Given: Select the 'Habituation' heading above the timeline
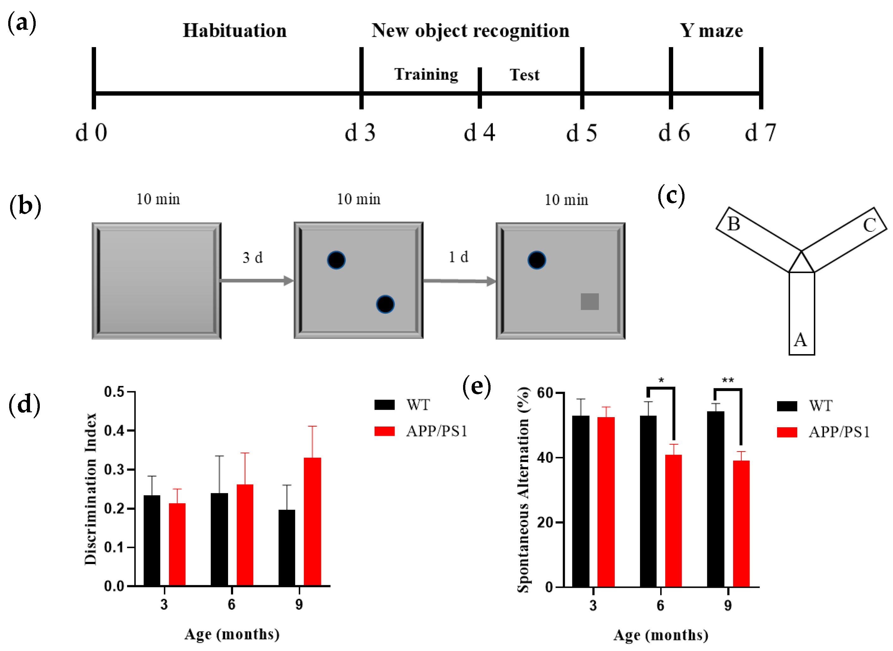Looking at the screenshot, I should click(x=235, y=31).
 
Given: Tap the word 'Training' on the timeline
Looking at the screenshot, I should click(x=426, y=75).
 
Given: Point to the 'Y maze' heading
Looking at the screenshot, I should click(x=711, y=31).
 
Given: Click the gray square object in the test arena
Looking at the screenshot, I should click(x=589, y=301).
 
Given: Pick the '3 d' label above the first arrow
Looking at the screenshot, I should click(x=252, y=257).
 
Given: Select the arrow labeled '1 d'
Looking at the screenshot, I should click(x=459, y=281).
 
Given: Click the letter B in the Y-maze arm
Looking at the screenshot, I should click(x=733, y=224).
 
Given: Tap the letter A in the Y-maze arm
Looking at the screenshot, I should click(x=800, y=340).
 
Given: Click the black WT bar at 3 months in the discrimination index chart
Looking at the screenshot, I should click(x=152, y=540).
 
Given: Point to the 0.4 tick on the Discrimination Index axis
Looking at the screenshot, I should click(x=114, y=430).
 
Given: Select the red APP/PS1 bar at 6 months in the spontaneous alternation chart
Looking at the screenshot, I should click(x=673, y=520).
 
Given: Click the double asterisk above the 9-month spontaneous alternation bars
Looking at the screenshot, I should click(x=727, y=380).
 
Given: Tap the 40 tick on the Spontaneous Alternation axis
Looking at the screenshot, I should click(x=545, y=458).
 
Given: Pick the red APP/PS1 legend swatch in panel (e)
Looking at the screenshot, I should click(x=787, y=432).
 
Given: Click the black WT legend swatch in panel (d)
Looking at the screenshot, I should click(x=384, y=405).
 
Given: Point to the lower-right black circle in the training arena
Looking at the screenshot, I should click(x=385, y=304).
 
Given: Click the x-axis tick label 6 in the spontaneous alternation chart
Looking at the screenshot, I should click(x=660, y=605).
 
